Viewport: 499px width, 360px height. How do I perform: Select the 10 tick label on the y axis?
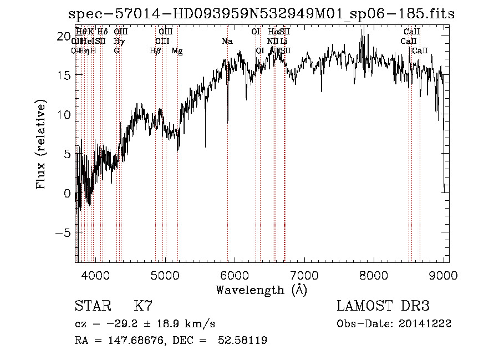(64, 115)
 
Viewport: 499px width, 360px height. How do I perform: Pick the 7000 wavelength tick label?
(304, 275)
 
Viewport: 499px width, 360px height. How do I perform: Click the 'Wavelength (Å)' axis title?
(261, 290)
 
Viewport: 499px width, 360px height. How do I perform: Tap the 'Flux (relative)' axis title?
(41, 145)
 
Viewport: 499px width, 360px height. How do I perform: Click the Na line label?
(227, 42)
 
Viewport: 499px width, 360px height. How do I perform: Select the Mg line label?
(177, 51)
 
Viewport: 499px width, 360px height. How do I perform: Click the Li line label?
(283, 42)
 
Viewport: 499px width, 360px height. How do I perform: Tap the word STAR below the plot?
(91, 307)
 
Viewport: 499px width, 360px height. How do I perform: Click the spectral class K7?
(144, 307)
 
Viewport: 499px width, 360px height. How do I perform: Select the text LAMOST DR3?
(383, 307)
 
